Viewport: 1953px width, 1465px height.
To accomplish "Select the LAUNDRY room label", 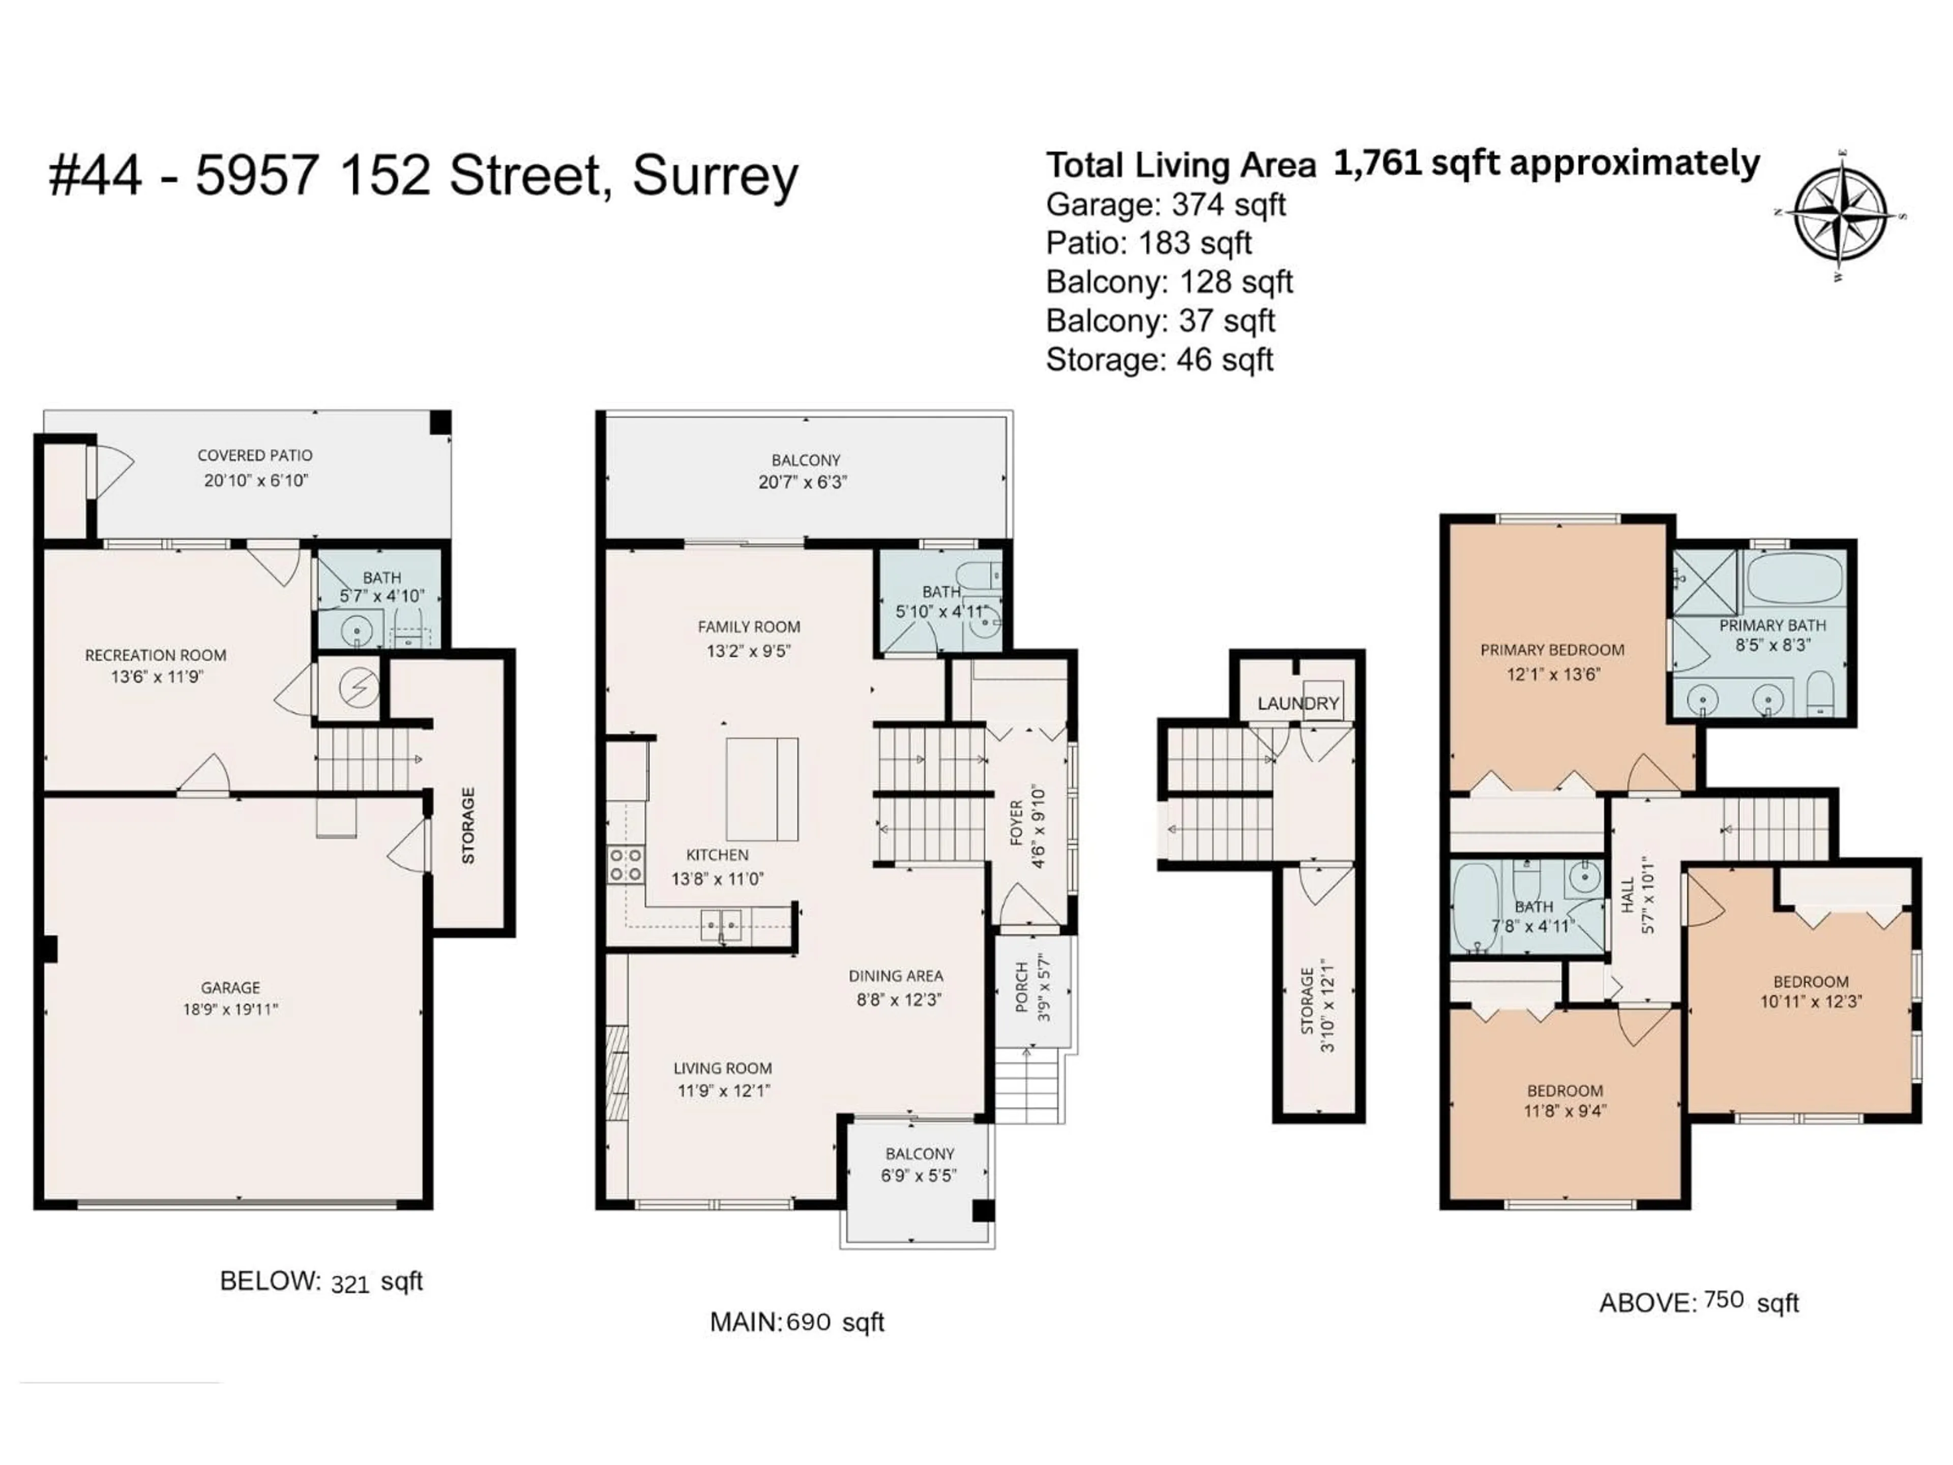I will [x=1298, y=704].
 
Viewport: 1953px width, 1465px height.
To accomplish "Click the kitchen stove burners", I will [x=625, y=865].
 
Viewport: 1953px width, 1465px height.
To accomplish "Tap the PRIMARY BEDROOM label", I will [x=1552, y=650].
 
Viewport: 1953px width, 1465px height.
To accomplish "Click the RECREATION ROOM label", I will [x=156, y=655].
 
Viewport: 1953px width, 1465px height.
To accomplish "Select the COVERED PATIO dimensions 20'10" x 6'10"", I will [x=256, y=480].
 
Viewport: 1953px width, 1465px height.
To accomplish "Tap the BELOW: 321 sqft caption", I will [x=321, y=1281].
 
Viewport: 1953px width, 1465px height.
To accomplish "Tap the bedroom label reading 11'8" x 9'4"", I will [x=1564, y=1111].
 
